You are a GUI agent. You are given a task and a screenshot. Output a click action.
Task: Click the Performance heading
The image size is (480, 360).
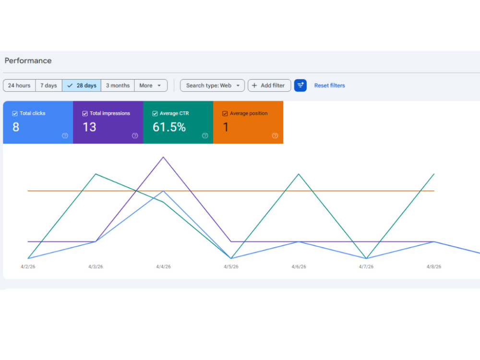click(x=28, y=60)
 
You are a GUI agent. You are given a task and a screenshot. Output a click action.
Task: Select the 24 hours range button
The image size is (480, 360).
click(x=19, y=85)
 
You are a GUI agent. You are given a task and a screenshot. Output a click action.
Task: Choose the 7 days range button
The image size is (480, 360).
click(x=48, y=85)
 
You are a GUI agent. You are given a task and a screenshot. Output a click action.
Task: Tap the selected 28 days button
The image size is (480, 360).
click(x=82, y=85)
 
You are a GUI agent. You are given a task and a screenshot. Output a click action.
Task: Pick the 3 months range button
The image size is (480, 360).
click(x=118, y=85)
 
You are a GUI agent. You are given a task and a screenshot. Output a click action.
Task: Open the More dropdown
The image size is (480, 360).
click(x=151, y=85)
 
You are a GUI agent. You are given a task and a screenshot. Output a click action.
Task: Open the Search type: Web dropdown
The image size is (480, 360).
click(x=213, y=85)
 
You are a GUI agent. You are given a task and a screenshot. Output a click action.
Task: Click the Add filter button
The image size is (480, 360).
click(x=269, y=85)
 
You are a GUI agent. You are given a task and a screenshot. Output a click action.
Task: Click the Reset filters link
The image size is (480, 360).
click(x=329, y=85)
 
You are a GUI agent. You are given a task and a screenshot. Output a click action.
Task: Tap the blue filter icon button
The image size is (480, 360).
click(x=300, y=85)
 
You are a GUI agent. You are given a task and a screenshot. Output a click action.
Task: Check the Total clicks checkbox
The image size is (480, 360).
click(x=15, y=114)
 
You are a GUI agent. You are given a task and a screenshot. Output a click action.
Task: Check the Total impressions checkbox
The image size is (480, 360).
click(x=85, y=114)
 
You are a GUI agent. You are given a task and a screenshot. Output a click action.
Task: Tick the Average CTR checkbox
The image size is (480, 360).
click(x=155, y=114)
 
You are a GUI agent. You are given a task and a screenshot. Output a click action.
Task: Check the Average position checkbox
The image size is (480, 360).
click(x=225, y=114)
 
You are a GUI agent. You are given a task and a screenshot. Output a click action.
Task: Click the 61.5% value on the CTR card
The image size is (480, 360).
click(x=169, y=127)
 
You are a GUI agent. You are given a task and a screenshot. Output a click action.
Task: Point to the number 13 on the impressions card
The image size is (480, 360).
click(x=89, y=127)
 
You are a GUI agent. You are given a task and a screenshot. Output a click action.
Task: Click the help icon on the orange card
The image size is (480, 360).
click(x=275, y=136)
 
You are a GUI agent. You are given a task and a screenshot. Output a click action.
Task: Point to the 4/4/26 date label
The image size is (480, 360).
click(x=164, y=266)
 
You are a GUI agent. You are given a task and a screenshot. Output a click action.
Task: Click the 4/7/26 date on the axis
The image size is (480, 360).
click(x=366, y=266)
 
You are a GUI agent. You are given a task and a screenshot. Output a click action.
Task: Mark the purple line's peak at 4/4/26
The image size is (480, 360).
click(x=164, y=157)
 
